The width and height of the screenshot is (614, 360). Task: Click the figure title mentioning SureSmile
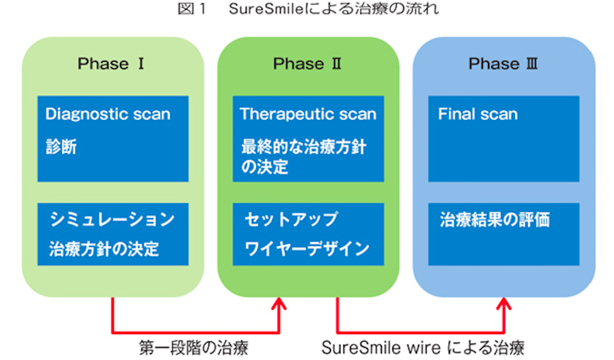(x=308, y=9)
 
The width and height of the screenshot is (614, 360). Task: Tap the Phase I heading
(x=111, y=63)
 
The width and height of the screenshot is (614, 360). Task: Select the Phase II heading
(x=307, y=63)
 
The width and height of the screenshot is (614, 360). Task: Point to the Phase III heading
(x=503, y=63)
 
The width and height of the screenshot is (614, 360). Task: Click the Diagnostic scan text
(x=108, y=114)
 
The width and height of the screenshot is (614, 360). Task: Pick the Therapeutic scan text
(x=308, y=114)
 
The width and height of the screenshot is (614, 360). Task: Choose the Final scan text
(x=478, y=114)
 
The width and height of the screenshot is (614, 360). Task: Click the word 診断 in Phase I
(x=61, y=147)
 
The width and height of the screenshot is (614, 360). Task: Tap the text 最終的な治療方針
(x=304, y=147)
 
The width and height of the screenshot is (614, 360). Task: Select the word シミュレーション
(x=112, y=219)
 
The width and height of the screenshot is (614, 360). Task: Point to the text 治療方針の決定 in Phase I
(x=104, y=249)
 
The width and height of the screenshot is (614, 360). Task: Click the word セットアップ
(x=291, y=219)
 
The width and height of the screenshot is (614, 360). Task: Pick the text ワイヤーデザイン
(x=307, y=249)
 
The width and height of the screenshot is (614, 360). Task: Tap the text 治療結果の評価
(x=495, y=220)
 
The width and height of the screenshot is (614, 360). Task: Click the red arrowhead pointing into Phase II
(x=279, y=304)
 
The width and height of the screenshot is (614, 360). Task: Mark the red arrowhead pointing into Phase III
(x=504, y=304)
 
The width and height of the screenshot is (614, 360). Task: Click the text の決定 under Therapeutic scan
(x=265, y=166)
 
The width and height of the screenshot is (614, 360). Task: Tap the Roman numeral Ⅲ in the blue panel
(x=532, y=63)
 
